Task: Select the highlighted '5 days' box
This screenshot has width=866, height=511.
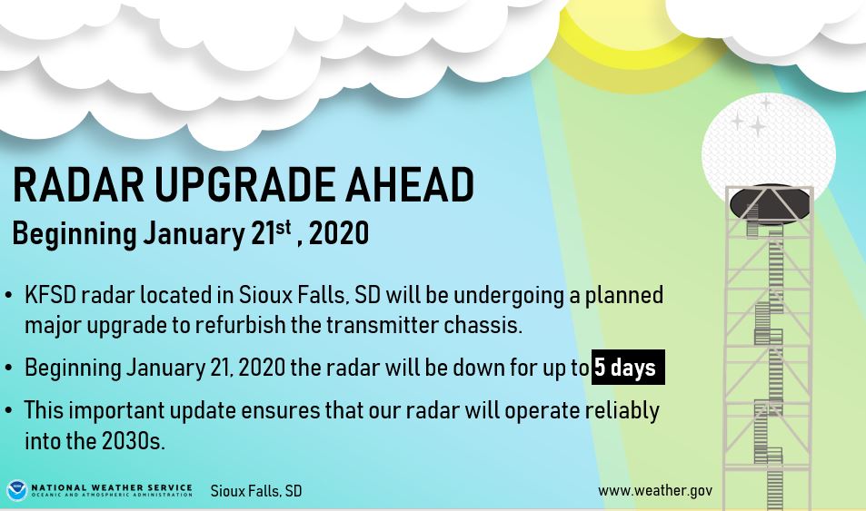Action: tap(627, 368)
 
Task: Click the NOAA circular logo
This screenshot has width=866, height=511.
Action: tap(16, 490)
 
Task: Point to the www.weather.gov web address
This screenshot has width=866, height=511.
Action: tap(654, 490)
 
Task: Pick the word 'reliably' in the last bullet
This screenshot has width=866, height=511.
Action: tap(621, 410)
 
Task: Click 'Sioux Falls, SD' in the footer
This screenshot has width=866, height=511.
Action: tap(255, 491)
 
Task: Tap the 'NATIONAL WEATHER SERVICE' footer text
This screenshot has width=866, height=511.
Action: tap(112, 486)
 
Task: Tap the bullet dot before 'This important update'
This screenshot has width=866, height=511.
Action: tap(9, 411)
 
